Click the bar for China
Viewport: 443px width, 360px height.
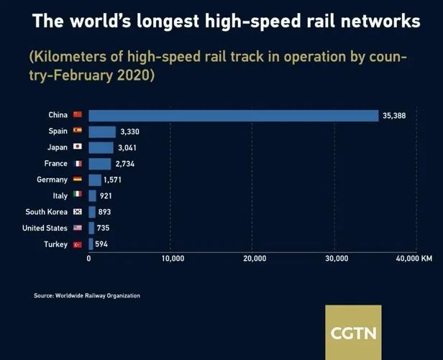[x=233, y=116]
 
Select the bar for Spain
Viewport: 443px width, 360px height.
[x=102, y=131]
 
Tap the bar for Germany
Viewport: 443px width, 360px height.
[x=95, y=180]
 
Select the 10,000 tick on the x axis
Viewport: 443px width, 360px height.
[x=171, y=258]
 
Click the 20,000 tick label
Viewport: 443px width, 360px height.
[x=255, y=258]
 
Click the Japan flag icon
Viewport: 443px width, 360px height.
[x=78, y=147]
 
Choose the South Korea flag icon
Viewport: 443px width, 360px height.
[x=78, y=212]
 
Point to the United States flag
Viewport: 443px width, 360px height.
[x=78, y=228]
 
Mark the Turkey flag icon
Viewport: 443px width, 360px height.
[x=78, y=244]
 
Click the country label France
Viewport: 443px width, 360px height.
[x=55, y=164]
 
